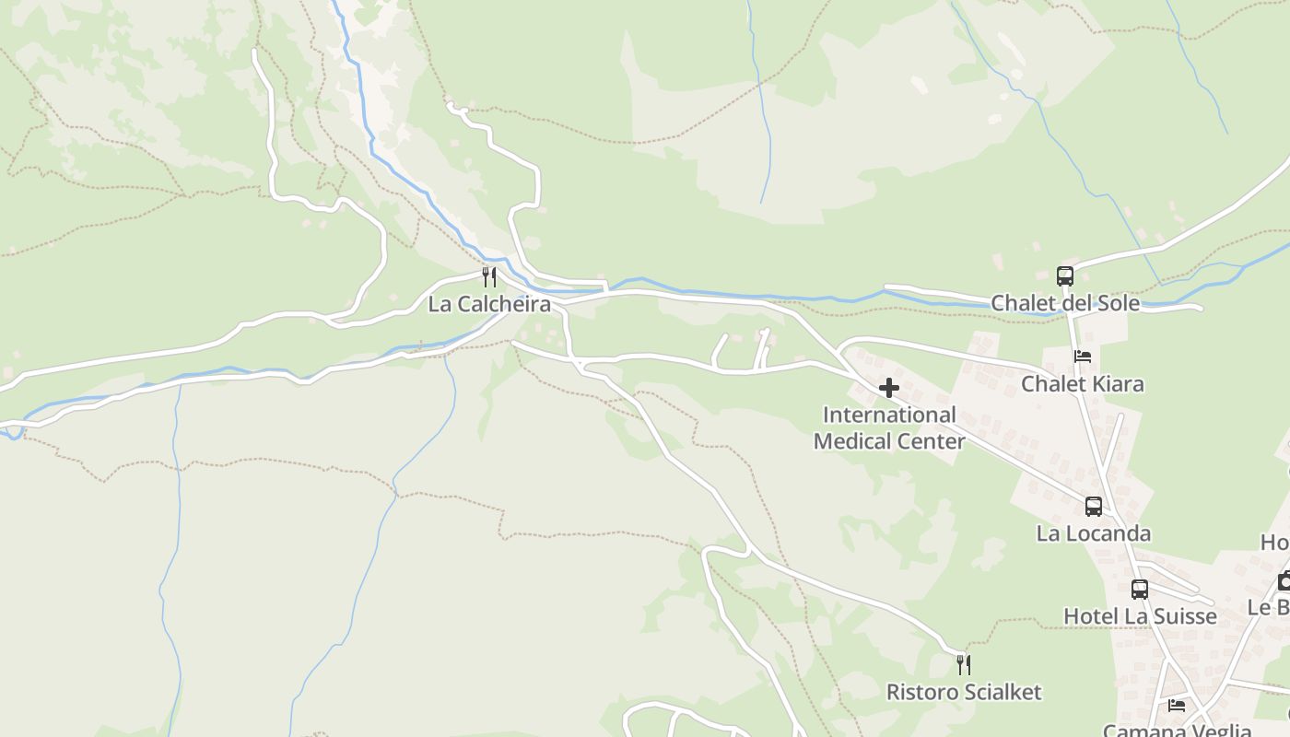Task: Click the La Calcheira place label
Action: tap(489, 304)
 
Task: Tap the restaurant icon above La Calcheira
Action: tap(489, 276)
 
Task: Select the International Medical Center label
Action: tap(889, 428)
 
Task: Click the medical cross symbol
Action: tap(889, 388)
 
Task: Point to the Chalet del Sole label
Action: tap(1065, 303)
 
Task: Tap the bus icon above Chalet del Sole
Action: tap(1065, 275)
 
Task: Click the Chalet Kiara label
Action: tap(1083, 383)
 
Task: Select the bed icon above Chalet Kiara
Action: tap(1083, 357)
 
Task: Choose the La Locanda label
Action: tap(1094, 533)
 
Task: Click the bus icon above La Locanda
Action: tap(1094, 506)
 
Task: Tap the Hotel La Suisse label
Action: tap(1140, 616)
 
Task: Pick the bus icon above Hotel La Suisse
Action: tap(1140, 590)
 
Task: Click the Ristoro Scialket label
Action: tap(964, 692)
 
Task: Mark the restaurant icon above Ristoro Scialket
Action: tap(964, 664)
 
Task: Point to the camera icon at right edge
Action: tap(1284, 580)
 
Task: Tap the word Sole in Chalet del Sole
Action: tap(1116, 303)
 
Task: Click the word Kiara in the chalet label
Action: tap(1114, 383)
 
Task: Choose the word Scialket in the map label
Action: tap(999, 692)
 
